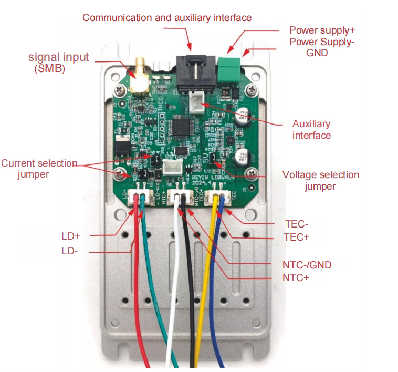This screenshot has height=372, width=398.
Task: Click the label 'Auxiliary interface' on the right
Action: coord(311,129)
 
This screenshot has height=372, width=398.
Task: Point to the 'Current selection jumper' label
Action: coord(39,168)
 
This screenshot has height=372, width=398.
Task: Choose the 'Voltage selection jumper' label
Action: coord(321,180)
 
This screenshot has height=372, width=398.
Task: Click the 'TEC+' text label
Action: coord(296,237)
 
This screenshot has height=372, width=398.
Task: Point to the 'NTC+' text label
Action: coord(296,277)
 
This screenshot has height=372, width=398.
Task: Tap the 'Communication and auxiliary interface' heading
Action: coord(167,18)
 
